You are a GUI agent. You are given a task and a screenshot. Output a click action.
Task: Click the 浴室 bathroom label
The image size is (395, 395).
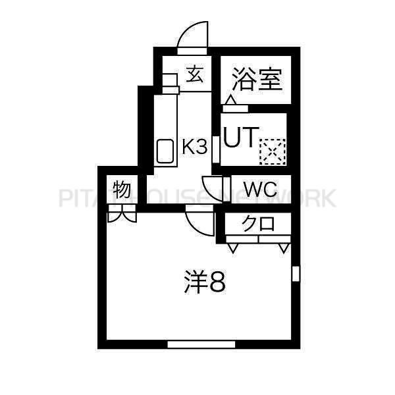pyautogui.click(x=257, y=79)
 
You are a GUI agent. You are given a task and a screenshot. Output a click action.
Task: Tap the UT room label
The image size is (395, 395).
pyautogui.click(x=242, y=137)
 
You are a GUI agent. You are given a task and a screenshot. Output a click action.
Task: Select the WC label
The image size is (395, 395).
pyautogui.click(x=261, y=189)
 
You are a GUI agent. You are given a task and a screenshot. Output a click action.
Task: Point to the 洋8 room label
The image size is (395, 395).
pyautogui.click(x=205, y=282)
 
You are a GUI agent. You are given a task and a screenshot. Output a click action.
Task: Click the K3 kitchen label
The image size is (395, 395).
pyautogui.click(x=194, y=147)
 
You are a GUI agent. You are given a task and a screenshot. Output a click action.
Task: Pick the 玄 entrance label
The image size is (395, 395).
pyautogui.click(x=194, y=74)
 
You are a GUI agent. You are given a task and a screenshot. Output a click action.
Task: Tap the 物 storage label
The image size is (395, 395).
pyautogui.click(x=122, y=190)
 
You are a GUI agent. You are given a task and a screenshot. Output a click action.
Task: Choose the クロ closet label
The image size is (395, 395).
pyautogui.click(x=258, y=223)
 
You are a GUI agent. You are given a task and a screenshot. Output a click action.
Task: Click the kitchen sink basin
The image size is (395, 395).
pyautogui.click(x=165, y=151)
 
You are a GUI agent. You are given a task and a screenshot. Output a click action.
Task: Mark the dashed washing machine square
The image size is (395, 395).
pyautogui.click(x=273, y=152)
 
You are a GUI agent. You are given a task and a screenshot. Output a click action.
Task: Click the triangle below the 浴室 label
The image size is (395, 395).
pyautogui.click(x=231, y=100)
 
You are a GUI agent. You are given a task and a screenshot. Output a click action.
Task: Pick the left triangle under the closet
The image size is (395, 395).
pyautogui.click(x=232, y=248)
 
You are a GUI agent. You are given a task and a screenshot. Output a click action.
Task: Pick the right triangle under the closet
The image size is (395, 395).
pyautogui.click(x=284, y=248)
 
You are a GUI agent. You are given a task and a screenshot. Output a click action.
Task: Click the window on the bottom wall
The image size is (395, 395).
pyautogui.click(x=201, y=344)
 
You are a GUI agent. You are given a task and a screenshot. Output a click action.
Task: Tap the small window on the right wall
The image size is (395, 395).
pyautogui.click(x=296, y=274)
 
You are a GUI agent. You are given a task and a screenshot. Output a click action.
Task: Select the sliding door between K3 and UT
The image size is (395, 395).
pyautogui.click(x=216, y=149)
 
